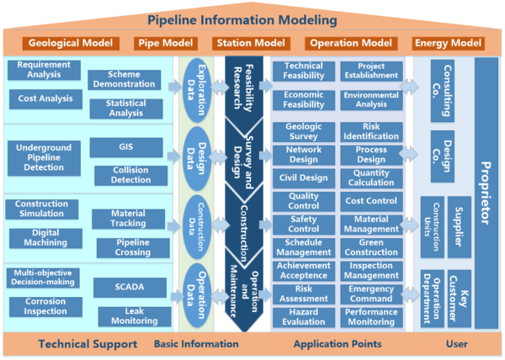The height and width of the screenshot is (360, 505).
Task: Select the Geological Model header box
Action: click(x=72, y=43)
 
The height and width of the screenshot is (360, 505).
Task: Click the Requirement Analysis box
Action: click(x=43, y=71)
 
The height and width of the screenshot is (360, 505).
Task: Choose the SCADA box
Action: click(x=130, y=288)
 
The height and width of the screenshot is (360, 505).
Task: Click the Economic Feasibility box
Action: click(x=304, y=100)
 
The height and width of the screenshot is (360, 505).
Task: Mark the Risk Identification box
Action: click(x=371, y=131)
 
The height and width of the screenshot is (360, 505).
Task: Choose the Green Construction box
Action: click(x=371, y=246)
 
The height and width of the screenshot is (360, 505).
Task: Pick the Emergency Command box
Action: click(x=371, y=294)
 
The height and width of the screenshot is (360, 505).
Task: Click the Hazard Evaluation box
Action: click(x=304, y=316)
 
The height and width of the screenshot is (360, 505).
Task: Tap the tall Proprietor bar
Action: click(x=486, y=194)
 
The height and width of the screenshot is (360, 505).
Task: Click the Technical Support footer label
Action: click(x=88, y=344)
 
